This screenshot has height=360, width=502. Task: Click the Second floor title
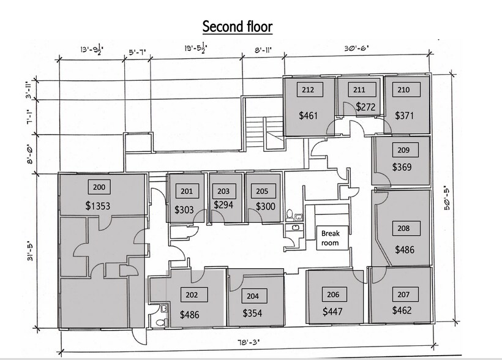[238, 27]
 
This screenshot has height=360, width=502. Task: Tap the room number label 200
[99, 187]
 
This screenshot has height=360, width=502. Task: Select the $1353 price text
[98, 206]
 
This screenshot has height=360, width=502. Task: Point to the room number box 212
[308, 90]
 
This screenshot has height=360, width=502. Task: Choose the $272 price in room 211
[365, 107]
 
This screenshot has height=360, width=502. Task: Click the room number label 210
[403, 89]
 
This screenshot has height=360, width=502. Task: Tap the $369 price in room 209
[402, 167]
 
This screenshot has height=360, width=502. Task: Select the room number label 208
[403, 228]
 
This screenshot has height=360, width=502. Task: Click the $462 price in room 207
[402, 310]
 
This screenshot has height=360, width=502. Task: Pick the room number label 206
[333, 294]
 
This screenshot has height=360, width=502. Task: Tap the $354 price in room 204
[252, 313]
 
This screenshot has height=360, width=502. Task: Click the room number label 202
[192, 295]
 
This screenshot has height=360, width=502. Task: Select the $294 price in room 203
[223, 205]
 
